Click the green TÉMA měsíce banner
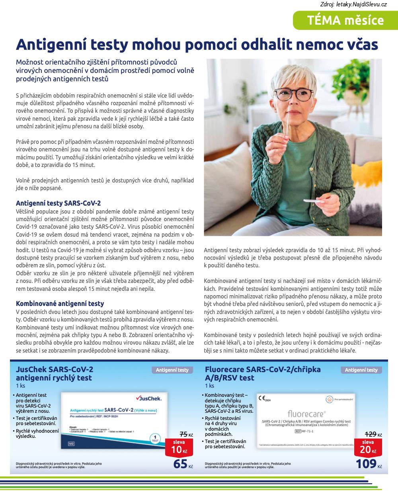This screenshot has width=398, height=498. [x=345, y=21]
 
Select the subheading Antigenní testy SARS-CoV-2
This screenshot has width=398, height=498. [x=58, y=203]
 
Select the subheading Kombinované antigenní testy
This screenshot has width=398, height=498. [x=60, y=304]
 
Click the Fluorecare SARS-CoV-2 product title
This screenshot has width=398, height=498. [x=263, y=374]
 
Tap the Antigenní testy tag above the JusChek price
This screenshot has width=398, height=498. [x=172, y=370]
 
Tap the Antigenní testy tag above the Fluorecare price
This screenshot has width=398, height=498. [x=361, y=370]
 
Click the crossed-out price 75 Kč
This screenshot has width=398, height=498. [x=186, y=435]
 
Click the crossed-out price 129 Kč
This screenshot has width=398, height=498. [x=374, y=435]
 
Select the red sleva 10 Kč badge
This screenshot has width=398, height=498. [x=179, y=447]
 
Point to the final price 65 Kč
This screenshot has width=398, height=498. [x=182, y=464]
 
